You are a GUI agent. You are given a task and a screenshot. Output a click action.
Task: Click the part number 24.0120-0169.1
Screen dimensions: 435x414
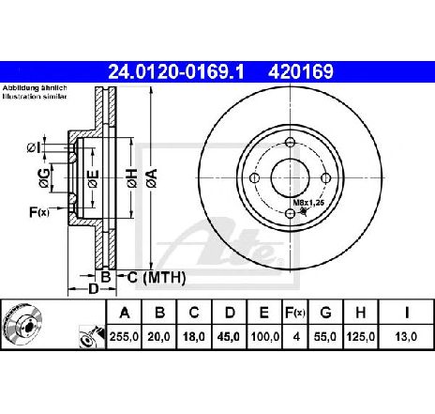tap(175, 71)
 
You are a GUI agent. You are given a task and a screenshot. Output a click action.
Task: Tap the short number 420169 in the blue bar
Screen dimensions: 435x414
tap(301, 71)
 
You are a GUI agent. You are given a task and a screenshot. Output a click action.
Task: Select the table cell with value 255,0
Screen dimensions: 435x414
tap(124, 337)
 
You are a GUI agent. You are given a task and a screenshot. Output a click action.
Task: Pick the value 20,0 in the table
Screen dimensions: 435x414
tap(158, 337)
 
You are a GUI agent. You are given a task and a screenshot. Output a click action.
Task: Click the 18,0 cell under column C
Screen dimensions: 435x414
tap(194, 337)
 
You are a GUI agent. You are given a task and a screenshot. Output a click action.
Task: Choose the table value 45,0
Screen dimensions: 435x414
tap(229, 337)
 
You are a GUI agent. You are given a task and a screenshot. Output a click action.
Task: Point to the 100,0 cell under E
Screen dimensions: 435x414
tap(264, 337)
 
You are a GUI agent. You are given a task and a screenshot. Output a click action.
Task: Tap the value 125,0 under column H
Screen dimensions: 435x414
tap(360, 337)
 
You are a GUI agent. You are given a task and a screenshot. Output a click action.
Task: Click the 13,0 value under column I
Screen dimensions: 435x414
tap(406, 337)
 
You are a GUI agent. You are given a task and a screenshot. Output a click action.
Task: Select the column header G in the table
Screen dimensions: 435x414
tap(325, 313)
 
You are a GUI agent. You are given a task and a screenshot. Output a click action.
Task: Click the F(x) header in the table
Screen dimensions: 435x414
tap(294, 313)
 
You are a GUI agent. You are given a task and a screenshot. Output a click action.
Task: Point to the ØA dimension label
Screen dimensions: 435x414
tap(153, 178)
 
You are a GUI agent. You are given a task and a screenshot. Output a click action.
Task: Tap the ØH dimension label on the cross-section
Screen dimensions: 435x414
tap(132, 178)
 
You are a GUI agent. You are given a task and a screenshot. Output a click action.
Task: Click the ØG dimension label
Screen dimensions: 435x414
tap(44, 178)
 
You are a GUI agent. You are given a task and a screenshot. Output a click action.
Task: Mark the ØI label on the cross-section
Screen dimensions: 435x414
tap(34, 147)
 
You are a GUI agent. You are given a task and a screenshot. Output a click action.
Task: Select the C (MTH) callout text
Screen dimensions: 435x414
tap(156, 277)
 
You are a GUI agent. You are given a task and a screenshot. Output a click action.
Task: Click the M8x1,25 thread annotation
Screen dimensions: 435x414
tap(308, 203)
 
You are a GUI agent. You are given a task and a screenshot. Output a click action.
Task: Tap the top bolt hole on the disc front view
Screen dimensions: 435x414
tap(291, 142)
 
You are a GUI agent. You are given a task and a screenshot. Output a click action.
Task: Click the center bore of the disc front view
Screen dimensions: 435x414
tap(291, 177)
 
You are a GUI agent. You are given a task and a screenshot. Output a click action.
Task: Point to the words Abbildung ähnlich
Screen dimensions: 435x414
tap(35, 88)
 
